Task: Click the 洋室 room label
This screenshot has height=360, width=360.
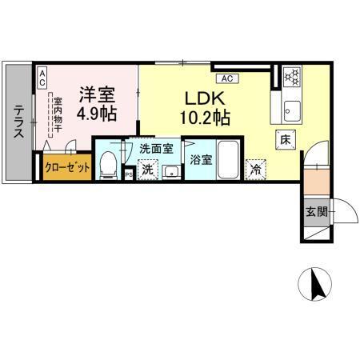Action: [x=97, y=93]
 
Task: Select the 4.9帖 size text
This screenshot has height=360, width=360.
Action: [x=98, y=113]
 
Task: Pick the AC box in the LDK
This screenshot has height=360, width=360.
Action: [x=227, y=78]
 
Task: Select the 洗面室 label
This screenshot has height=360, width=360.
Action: [x=156, y=148]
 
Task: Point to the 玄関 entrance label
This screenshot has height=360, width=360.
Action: [x=316, y=212]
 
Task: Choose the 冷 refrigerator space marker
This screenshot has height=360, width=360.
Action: [x=255, y=170]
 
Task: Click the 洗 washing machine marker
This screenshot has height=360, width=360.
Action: [x=146, y=170]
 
